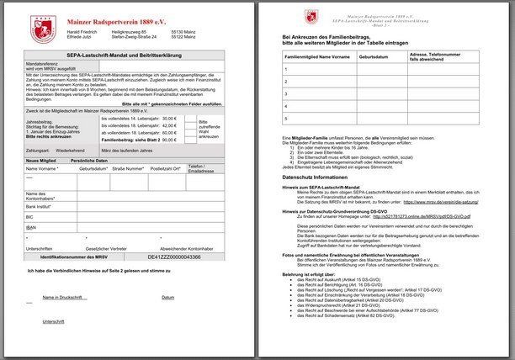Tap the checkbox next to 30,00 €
click(186, 118)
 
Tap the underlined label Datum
click(168, 297)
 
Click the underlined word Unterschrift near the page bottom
click(53, 320)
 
